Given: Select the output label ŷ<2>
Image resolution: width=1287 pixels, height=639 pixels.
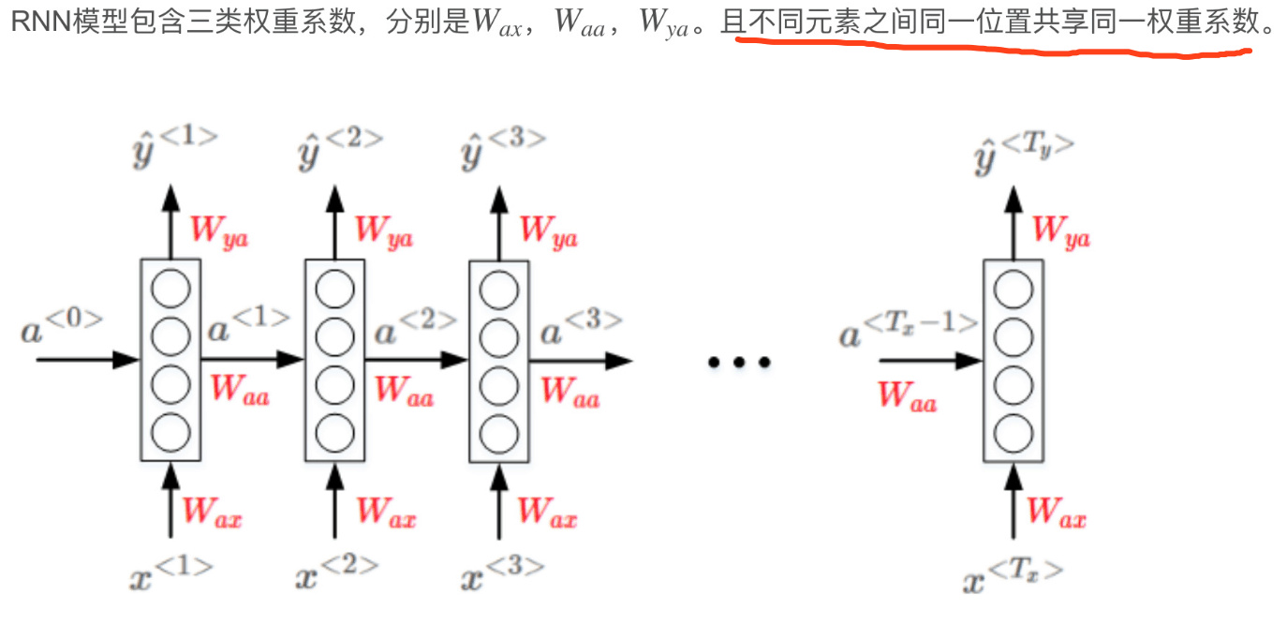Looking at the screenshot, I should pyautogui.click(x=340, y=148).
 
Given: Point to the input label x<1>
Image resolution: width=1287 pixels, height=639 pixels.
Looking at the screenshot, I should pyautogui.click(x=171, y=572).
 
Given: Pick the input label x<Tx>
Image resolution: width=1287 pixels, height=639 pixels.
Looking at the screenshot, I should pyautogui.click(x=1012, y=573).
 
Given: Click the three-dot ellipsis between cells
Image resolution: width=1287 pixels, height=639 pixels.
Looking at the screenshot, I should pyautogui.click(x=738, y=362).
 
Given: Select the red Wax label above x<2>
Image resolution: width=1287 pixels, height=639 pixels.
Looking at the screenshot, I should pyautogui.click(x=386, y=512).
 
